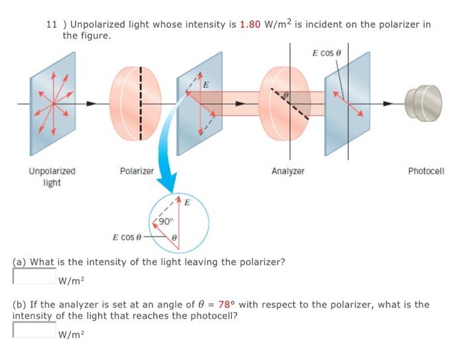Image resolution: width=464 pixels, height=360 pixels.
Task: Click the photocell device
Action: tap(424, 103)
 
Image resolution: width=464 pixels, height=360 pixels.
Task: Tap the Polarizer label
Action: tap(137, 171)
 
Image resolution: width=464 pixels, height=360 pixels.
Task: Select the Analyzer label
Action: tap(288, 171)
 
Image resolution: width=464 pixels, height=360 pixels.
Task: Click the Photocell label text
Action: tap(426, 171)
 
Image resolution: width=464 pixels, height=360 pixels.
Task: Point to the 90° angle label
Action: tap(166, 221)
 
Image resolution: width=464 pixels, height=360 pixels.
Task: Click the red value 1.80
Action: tap(250, 25)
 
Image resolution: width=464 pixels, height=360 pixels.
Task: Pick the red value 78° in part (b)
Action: tap(227, 304)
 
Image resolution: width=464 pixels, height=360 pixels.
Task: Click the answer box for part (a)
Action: tap(34, 276)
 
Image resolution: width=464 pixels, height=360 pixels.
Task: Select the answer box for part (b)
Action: tap(34, 330)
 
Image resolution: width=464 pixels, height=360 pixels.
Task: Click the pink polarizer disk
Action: tap(135, 103)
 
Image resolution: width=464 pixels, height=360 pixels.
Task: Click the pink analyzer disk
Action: tap(285, 103)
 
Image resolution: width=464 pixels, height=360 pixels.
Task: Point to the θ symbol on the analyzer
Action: tap(286, 95)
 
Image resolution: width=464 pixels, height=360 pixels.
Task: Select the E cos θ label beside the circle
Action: tap(127, 237)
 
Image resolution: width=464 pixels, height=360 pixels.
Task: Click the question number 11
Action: tap(51, 25)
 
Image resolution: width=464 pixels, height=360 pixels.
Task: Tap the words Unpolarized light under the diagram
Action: tap(52, 177)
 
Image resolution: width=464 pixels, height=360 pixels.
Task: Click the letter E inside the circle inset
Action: tap(187, 202)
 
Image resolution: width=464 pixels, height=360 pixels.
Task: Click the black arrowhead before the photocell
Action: tap(388, 103)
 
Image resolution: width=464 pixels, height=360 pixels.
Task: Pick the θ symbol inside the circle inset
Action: tap(174, 237)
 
